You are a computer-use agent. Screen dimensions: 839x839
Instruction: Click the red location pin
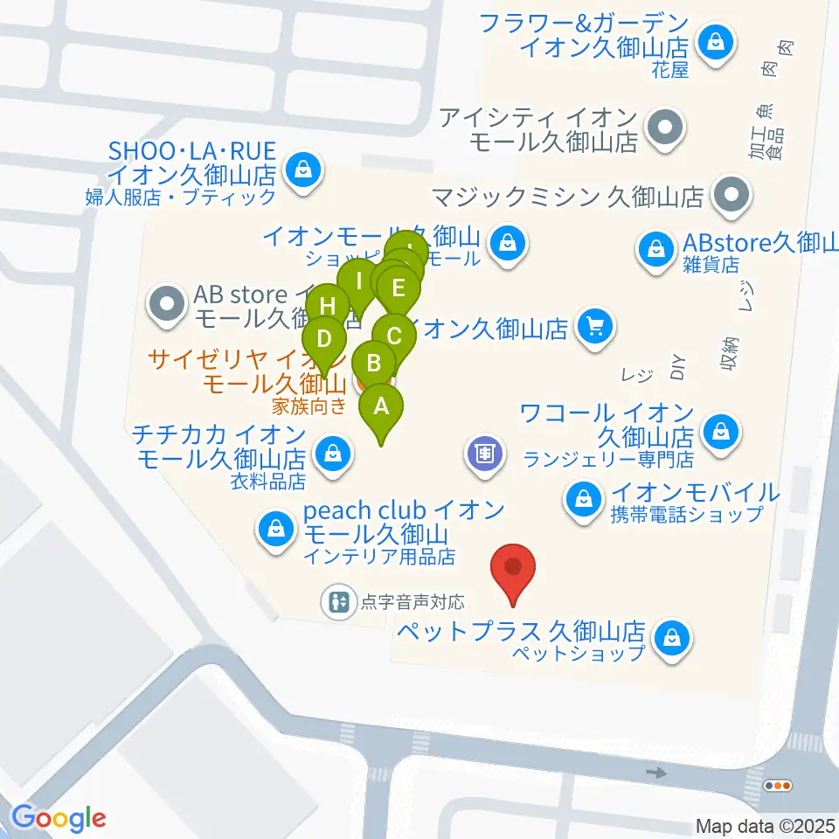513,569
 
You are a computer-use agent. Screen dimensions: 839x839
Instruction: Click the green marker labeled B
375,364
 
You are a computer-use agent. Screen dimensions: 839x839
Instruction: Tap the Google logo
59,817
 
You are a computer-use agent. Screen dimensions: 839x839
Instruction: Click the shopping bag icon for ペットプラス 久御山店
672,638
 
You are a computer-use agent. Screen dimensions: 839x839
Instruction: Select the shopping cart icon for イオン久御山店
596,329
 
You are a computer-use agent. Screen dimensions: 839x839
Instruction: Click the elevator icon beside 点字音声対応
337,601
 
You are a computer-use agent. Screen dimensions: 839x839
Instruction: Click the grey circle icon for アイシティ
665,128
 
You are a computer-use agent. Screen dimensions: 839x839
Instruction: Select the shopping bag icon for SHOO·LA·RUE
302,168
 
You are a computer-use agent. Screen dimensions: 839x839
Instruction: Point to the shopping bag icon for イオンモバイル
581,500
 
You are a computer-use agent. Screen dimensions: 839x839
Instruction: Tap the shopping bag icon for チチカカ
332,453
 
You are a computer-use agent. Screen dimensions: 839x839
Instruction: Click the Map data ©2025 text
766,825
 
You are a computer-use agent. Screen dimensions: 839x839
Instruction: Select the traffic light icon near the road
777,786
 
